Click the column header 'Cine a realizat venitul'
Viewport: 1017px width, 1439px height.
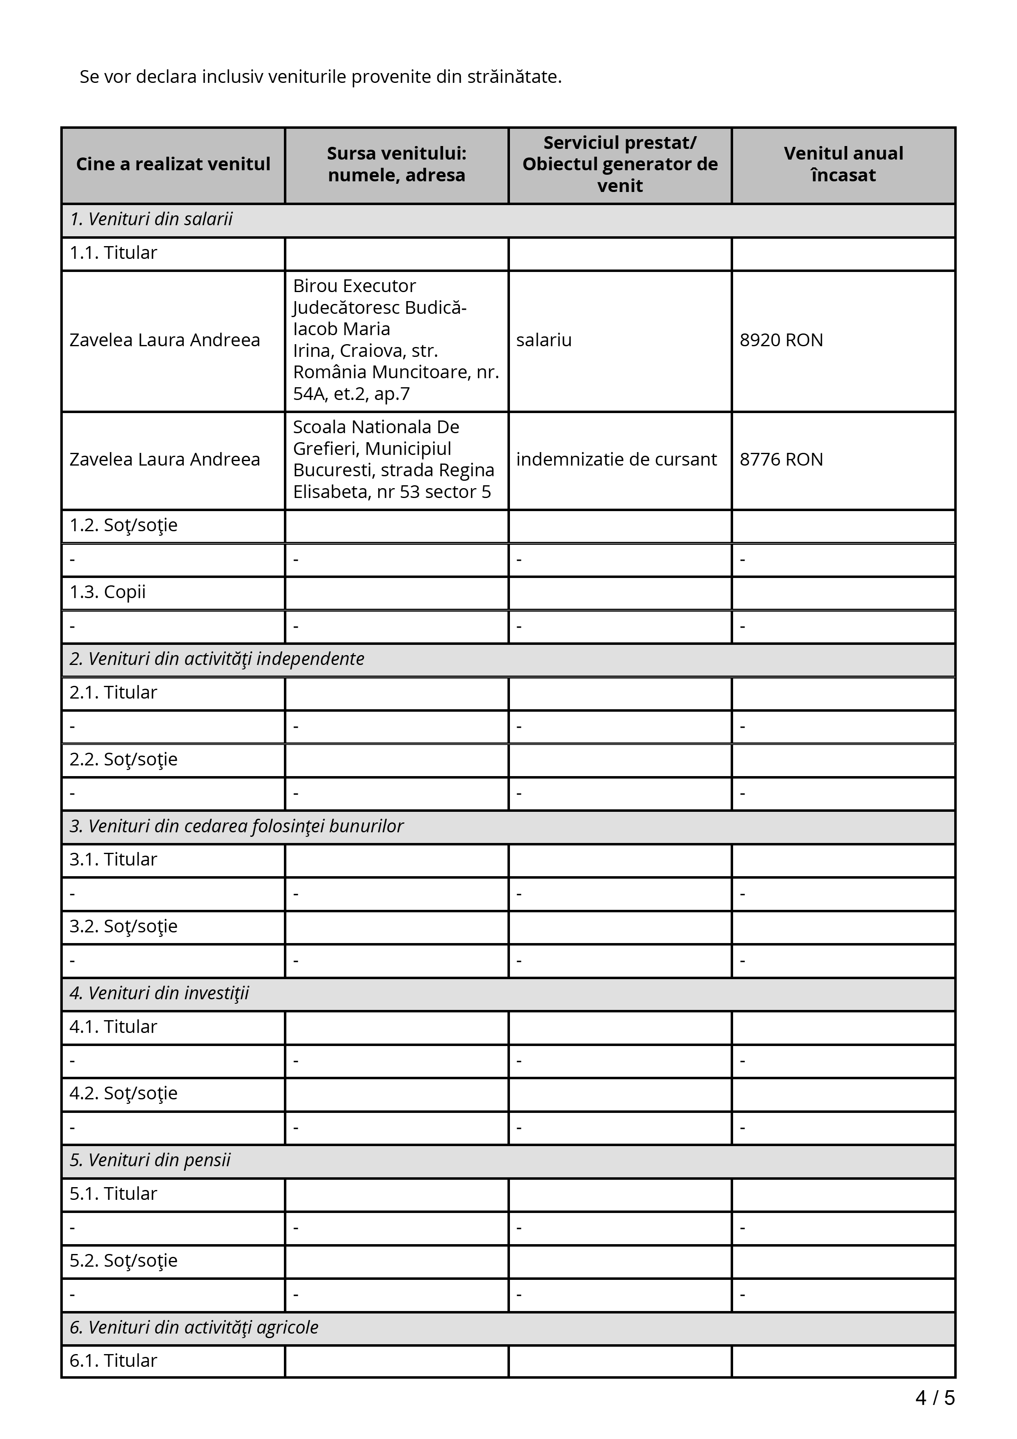click(x=173, y=164)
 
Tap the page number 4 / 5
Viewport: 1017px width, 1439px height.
click(x=935, y=1398)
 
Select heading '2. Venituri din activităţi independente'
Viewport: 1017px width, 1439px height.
click(x=217, y=659)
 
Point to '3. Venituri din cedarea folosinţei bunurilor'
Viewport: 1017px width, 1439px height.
click(x=236, y=827)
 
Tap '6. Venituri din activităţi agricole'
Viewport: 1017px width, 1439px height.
click(x=194, y=1327)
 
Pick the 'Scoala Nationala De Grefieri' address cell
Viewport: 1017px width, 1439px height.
click(x=393, y=459)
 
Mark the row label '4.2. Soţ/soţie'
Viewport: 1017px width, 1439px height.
click(x=123, y=1094)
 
